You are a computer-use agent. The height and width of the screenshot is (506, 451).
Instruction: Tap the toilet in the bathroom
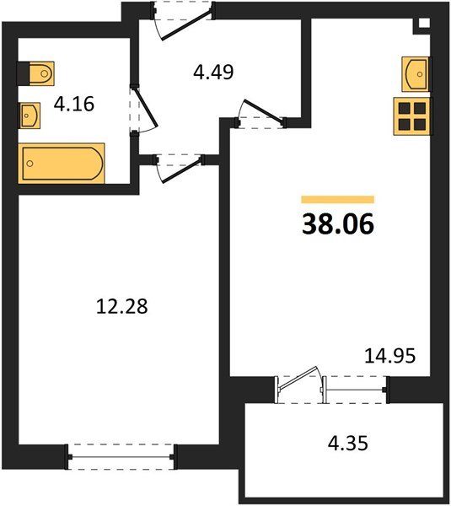(x=39, y=73)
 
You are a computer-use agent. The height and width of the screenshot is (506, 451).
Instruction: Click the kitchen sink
(x=416, y=73)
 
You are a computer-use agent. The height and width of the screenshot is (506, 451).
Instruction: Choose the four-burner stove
(x=413, y=116)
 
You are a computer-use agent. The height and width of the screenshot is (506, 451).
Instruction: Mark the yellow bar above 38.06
(x=337, y=200)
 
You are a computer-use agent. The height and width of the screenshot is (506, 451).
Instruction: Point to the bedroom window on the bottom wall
(x=121, y=457)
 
